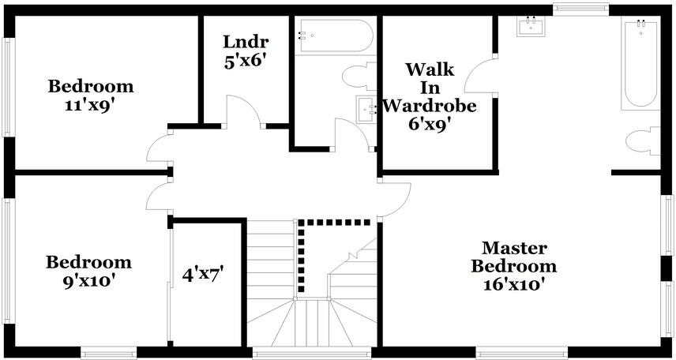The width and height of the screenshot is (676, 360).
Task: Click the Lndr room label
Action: [x=246, y=42]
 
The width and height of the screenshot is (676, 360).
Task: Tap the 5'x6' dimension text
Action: [x=246, y=61]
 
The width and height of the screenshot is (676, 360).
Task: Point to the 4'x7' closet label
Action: [x=203, y=275]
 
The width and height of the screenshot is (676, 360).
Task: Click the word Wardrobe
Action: [x=430, y=105]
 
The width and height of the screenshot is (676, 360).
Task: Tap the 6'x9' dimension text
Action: [x=430, y=124]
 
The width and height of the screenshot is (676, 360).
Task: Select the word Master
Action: [x=514, y=249]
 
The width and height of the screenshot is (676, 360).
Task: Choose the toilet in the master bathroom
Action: [x=642, y=143]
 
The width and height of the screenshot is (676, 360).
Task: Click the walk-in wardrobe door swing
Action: [x=480, y=77]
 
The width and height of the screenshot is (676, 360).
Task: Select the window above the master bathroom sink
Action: [x=580, y=10]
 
